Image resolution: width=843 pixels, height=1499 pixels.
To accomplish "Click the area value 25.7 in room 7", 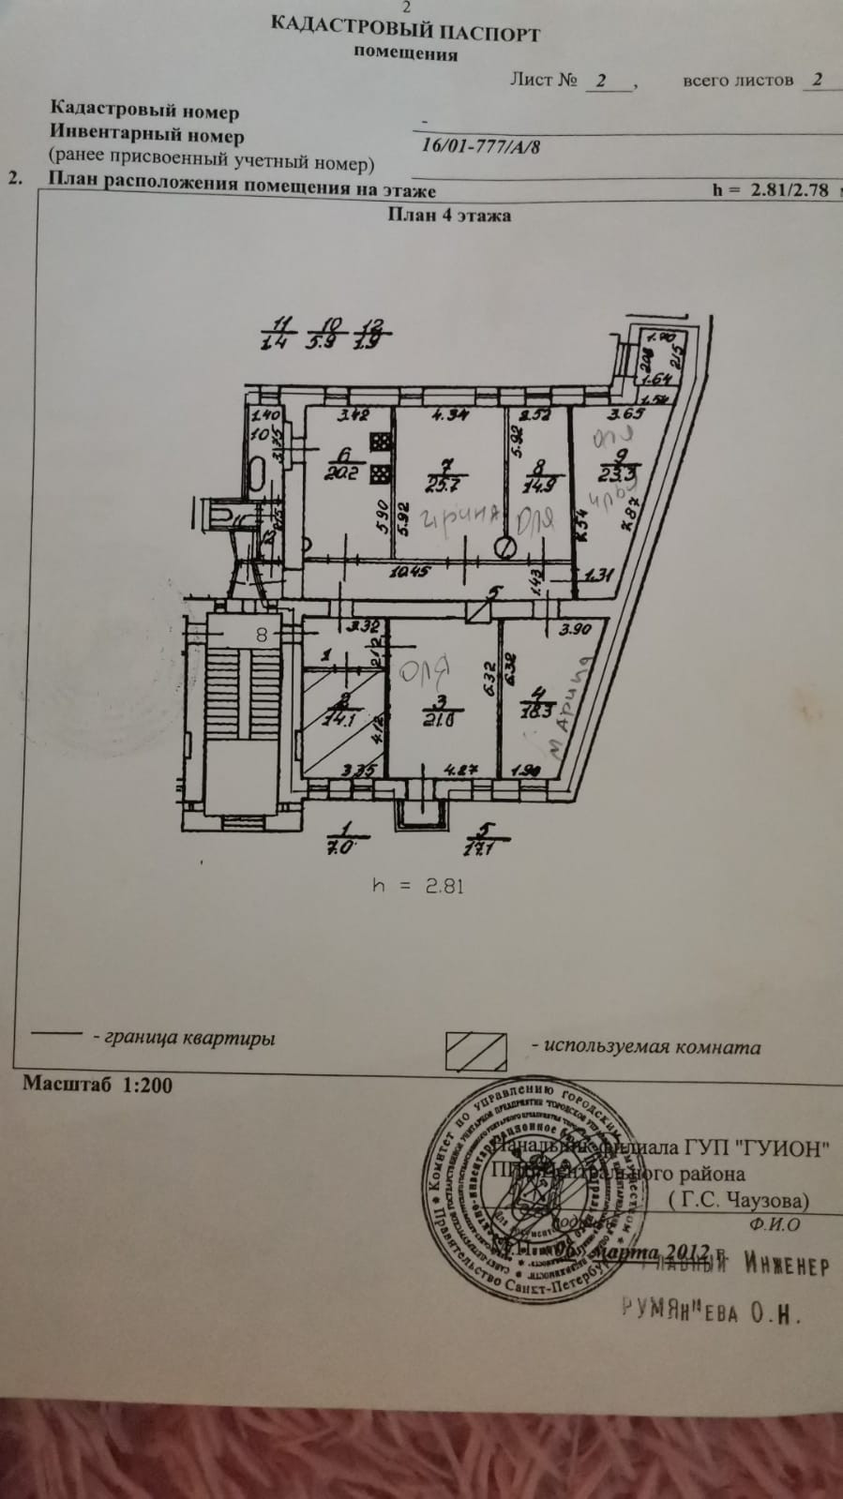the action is pos(447,485).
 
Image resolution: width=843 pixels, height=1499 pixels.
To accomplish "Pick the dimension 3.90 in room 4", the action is pos(574,629).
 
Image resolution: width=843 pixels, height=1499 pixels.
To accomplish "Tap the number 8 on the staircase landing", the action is pos(262,635).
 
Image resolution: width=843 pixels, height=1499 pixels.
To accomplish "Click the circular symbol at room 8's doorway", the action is pos(506,547).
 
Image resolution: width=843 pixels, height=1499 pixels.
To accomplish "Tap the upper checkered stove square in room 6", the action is pos(381,442).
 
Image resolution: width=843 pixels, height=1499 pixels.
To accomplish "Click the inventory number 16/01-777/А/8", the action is pos(480,146).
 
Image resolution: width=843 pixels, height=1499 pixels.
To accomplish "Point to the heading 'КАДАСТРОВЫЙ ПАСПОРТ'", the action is pos(405,31).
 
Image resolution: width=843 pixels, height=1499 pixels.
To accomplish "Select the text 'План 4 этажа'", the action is pos(449,215).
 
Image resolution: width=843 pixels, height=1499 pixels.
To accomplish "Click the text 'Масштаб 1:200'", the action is pos(98,1085).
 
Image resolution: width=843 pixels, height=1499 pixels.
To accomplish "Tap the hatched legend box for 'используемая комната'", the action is pos(475,1050).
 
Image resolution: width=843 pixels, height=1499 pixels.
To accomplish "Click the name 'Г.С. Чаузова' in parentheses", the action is pos(740,1200).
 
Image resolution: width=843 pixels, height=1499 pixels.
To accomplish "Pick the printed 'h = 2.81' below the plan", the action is pos(417,885).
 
